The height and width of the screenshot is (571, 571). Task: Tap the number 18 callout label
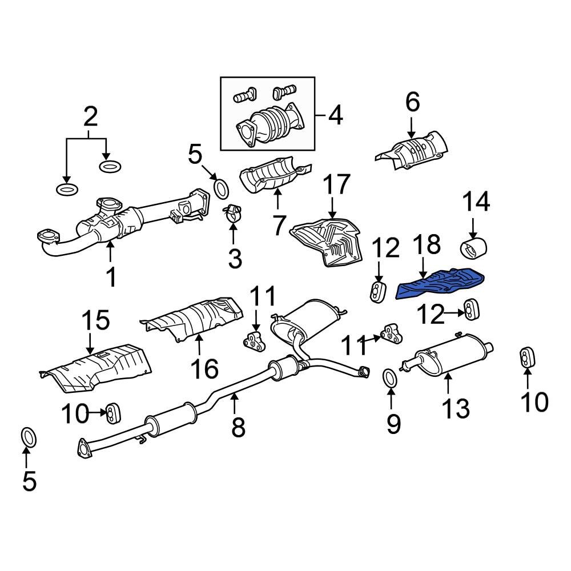[x=425, y=244]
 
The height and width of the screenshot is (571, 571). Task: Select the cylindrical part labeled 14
[x=473, y=250]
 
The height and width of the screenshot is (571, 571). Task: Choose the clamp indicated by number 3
[x=233, y=214]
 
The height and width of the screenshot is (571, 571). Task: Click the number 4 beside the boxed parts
[x=335, y=115]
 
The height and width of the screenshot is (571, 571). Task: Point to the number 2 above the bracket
[x=90, y=117]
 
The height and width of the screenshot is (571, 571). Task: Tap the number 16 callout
[x=204, y=369]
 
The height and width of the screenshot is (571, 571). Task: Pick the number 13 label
[x=456, y=408]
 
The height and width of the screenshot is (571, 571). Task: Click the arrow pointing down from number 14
[x=473, y=228]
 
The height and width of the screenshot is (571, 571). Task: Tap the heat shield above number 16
[x=194, y=319]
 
